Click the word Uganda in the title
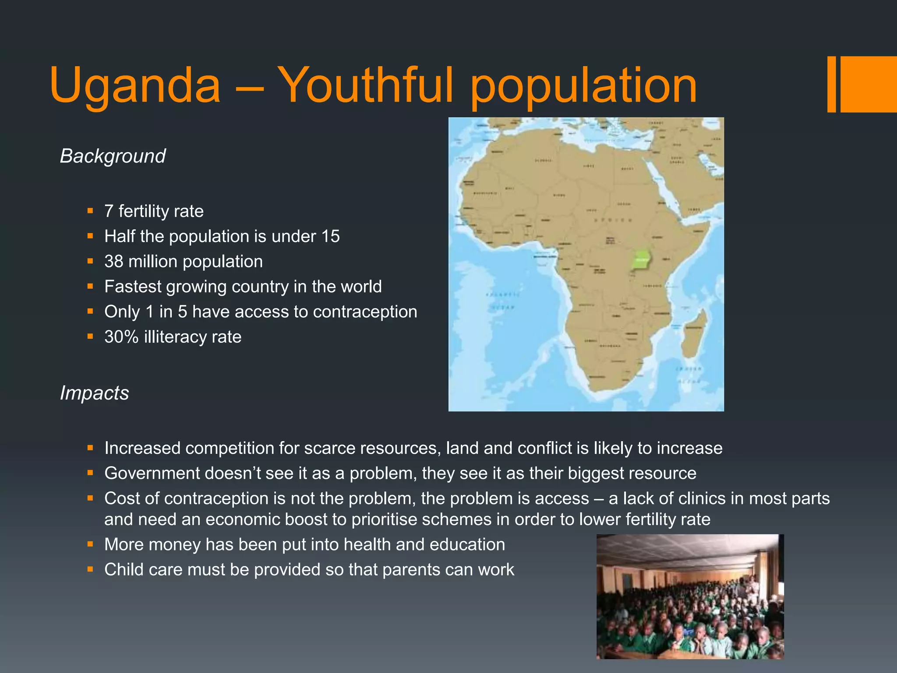tap(135, 85)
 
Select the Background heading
tap(113, 156)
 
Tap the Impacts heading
tap(94, 393)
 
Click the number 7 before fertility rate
tap(109, 212)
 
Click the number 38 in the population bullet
tap(113, 262)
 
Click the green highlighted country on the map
tap(641, 260)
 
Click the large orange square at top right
tap(869, 84)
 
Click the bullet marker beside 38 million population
tap(90, 262)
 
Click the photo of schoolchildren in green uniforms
tap(690, 596)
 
